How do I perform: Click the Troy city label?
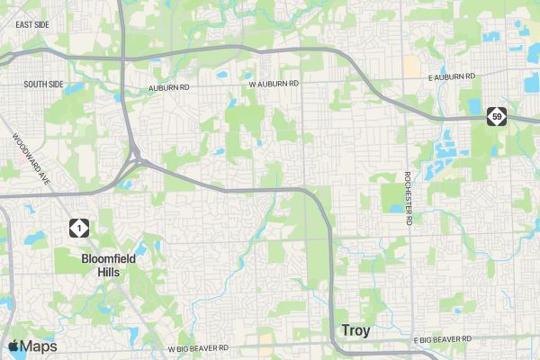(355, 330)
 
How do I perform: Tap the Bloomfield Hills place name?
(108, 265)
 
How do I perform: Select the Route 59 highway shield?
(498, 116)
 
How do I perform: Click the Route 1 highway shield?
(80, 229)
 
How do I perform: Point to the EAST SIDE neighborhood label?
(32, 24)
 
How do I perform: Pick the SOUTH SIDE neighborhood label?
(44, 84)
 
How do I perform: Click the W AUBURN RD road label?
(274, 84)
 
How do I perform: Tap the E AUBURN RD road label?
(451, 79)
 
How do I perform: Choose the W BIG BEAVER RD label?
(199, 347)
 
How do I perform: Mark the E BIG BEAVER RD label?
(442, 339)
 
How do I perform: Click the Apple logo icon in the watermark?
(13, 346)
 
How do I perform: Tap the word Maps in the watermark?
(40, 346)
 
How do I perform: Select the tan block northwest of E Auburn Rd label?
(411, 66)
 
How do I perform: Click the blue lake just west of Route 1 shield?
(36, 238)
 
